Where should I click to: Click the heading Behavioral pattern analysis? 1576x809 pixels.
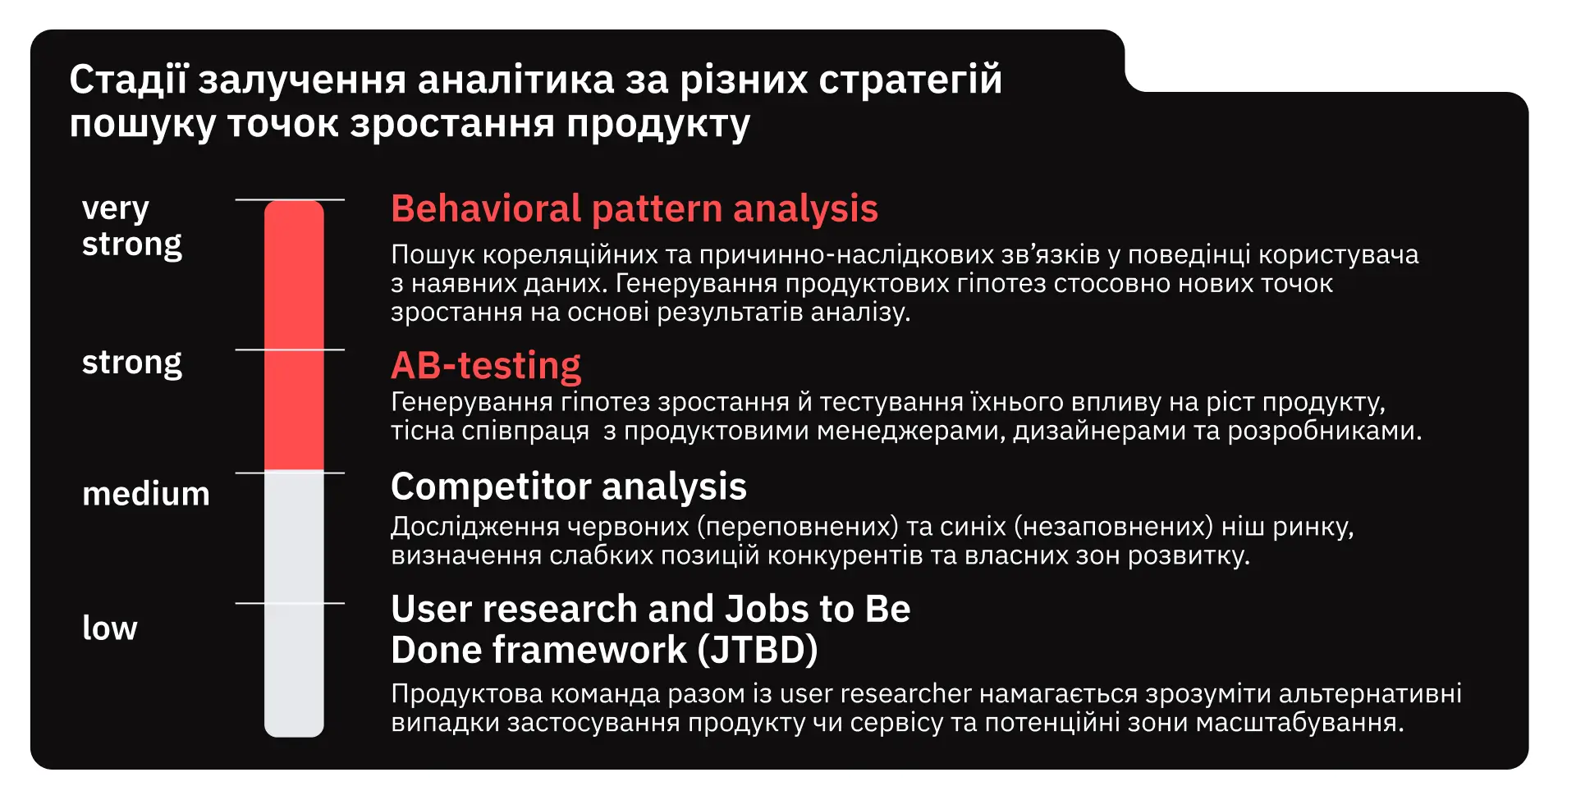(635, 208)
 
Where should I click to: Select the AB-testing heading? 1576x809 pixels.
(486, 365)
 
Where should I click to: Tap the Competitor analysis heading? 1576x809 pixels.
(569, 487)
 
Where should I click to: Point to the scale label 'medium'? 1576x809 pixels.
(146, 494)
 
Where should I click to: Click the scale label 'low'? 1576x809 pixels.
(110, 628)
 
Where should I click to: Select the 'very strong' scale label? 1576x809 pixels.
(132, 226)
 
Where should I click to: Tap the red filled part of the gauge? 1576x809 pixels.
(294, 336)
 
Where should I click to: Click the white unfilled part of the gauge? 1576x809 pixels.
(294, 604)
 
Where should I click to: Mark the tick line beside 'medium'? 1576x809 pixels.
(290, 473)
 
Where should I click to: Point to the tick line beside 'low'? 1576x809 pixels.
(290, 603)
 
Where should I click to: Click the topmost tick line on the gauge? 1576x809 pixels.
(290, 199)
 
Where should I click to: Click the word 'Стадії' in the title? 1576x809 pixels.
(128, 80)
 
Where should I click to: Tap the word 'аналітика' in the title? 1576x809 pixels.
(515, 80)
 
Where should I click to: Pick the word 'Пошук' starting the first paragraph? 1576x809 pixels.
(433, 255)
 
